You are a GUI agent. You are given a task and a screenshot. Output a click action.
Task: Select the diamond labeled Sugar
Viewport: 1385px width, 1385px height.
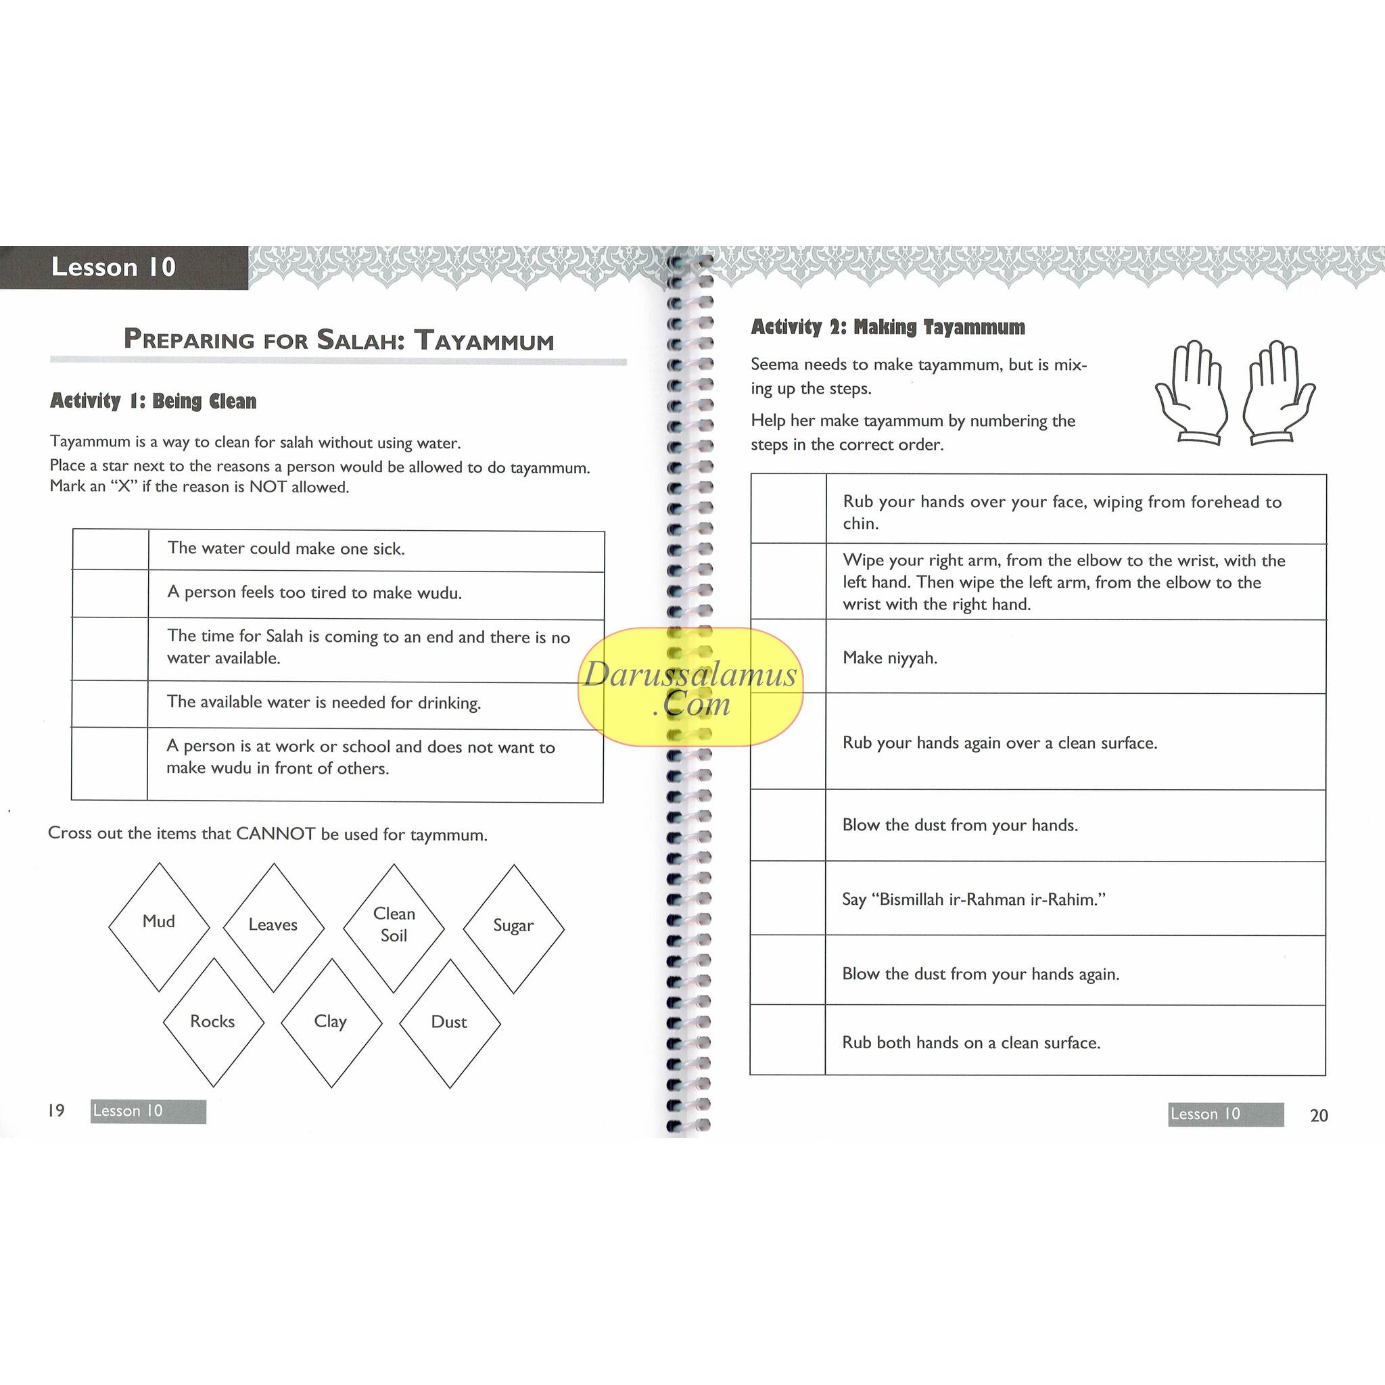pyautogui.click(x=513, y=928)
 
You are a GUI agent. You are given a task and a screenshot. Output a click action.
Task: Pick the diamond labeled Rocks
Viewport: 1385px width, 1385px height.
pyautogui.click(x=213, y=1023)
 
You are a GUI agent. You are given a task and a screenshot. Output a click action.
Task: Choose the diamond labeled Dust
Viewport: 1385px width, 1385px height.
pyautogui.click(x=449, y=1023)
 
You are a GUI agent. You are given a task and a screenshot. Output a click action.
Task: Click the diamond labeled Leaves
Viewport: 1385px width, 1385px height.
pyautogui.click(x=273, y=926)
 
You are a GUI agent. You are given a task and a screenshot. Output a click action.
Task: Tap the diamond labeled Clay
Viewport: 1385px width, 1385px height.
pyautogui.click(x=331, y=1023)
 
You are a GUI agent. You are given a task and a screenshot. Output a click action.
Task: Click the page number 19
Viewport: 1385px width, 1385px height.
pyautogui.click(x=56, y=1110)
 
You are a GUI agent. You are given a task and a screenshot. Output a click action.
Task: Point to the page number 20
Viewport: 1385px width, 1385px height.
pyautogui.click(x=1318, y=1115)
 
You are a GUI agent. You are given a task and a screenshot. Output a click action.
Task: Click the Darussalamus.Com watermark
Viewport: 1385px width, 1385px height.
pyautogui.click(x=690, y=687)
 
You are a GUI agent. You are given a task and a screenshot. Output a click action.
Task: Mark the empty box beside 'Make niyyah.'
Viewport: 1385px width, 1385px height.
pyautogui.click(x=788, y=657)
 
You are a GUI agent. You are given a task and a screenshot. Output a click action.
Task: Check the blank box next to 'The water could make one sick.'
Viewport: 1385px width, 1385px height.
pyautogui.click(x=110, y=550)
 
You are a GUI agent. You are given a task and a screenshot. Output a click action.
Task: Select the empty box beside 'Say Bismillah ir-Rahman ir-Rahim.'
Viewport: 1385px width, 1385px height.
pyautogui.click(x=788, y=898)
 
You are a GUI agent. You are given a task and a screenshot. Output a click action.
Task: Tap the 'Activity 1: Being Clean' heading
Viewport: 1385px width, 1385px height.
pyautogui.click(x=153, y=401)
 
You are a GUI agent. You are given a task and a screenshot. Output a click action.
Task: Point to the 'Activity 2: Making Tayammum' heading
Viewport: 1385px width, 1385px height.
pyautogui.click(x=887, y=327)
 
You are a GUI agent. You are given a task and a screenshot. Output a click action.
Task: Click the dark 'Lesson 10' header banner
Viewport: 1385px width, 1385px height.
pyautogui.click(x=123, y=267)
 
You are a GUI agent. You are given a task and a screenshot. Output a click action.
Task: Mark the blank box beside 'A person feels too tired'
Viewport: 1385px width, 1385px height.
pyautogui.click(x=110, y=594)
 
